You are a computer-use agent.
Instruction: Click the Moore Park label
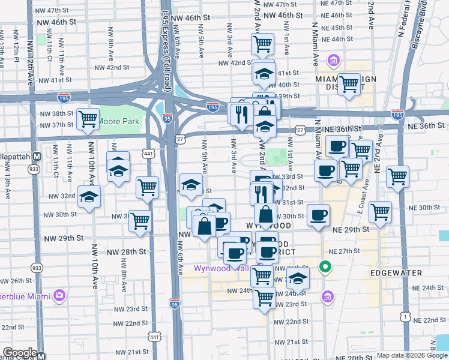pos(118,121)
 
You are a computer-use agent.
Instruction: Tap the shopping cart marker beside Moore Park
pos(88,119)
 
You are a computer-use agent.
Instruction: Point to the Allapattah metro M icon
pos(37,155)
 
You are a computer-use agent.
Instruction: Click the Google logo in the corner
pos(20,353)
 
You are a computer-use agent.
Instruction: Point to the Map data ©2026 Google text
pos(411,355)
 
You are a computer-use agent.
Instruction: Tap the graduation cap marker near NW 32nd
pos(88,197)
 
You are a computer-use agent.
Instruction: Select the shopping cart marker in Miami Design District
pos(348,85)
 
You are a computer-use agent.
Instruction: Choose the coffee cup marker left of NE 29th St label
pos(318,214)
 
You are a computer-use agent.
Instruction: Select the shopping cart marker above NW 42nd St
pos(262,44)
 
